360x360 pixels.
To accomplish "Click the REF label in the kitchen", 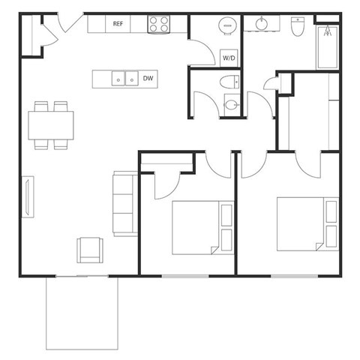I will click(x=118, y=24).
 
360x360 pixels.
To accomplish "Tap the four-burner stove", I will click(x=158, y=24).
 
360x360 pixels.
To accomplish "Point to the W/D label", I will click(x=228, y=57).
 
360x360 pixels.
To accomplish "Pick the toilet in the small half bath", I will click(x=229, y=82).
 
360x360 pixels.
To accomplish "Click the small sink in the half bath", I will click(x=231, y=105).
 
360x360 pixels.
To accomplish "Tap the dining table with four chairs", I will click(x=52, y=124).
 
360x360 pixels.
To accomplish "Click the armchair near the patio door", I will click(x=90, y=250).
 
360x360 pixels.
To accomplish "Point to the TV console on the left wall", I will click(x=28, y=196).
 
